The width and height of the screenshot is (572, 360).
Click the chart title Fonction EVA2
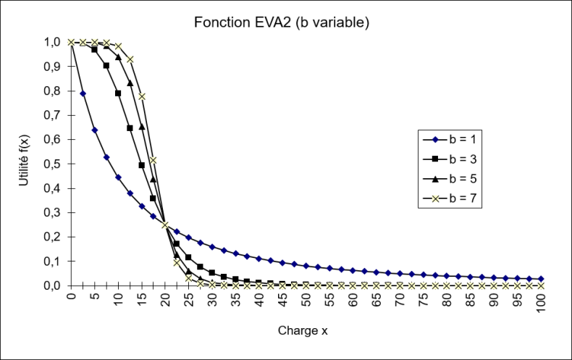pos(282,22)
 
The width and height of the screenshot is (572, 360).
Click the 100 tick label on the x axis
pos(540,301)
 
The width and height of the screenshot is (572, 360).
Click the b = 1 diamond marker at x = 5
pos(95,130)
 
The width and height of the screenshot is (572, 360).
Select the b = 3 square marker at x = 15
pos(141,165)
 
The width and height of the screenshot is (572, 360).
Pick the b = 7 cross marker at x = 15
pos(142,96)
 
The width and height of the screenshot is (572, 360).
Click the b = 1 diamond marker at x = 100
pos(540,279)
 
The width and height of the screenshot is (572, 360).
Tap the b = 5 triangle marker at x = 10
pos(118,56)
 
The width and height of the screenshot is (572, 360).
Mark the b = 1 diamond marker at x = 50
pos(306,266)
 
